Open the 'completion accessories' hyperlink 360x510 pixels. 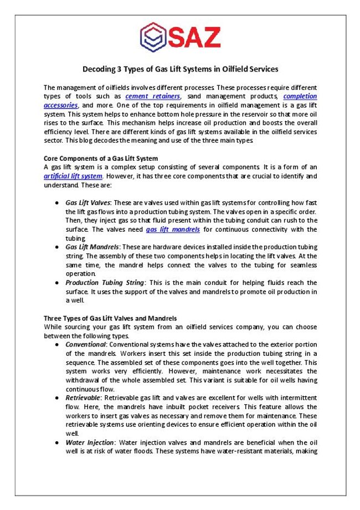300,96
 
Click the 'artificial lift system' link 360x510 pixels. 73,176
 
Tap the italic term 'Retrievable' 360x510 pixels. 83,397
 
